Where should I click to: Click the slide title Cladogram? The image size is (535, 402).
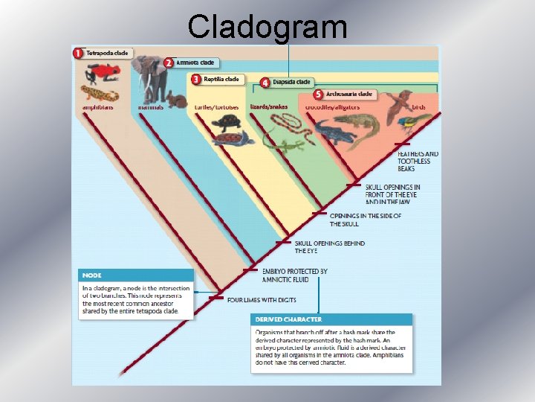click(x=267, y=26)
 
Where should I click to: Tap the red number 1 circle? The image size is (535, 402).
click(x=77, y=53)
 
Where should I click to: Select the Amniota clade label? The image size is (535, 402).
click(x=196, y=63)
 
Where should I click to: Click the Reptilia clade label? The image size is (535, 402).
click(x=221, y=79)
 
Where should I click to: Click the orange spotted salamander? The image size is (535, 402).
click(x=97, y=93)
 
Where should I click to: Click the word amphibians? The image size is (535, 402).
click(x=98, y=107)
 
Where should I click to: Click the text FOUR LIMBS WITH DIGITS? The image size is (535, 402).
click(x=262, y=300)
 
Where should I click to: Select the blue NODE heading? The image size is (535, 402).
click(x=93, y=275)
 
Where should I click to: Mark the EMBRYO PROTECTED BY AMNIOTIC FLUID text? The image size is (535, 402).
click(x=294, y=275)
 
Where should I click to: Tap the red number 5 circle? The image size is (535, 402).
click(x=318, y=95)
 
